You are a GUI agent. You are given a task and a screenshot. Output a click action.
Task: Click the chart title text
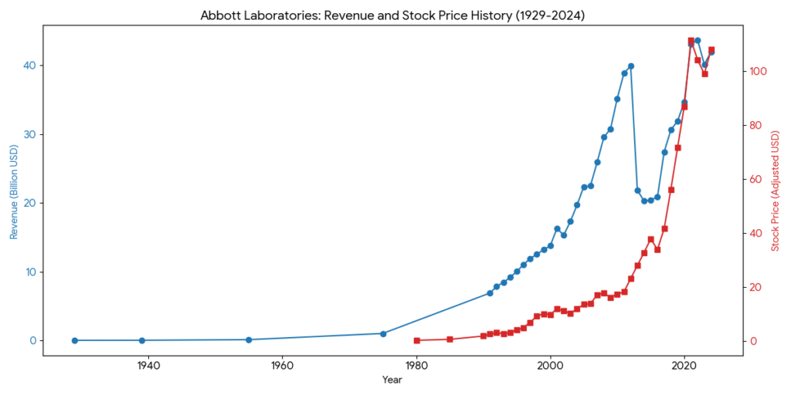click(393, 15)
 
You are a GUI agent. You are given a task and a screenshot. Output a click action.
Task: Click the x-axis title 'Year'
click(392, 380)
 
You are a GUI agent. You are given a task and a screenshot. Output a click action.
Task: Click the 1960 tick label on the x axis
click(283, 366)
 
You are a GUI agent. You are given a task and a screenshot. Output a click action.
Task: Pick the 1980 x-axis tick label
click(416, 366)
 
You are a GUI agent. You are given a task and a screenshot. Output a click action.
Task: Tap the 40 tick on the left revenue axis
click(29, 66)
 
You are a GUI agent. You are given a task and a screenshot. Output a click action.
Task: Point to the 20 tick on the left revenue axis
click(29, 203)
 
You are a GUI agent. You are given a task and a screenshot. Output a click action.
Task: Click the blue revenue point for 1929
click(75, 340)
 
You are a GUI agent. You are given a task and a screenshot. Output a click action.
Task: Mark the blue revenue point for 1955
click(249, 339)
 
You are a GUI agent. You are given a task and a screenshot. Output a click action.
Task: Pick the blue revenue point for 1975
click(383, 333)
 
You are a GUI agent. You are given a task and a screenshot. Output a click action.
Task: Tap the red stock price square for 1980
click(416, 340)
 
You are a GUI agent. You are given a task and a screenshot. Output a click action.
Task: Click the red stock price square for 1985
click(450, 339)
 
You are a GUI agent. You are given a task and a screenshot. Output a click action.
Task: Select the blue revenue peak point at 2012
click(631, 66)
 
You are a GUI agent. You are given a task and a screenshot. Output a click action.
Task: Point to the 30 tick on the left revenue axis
click(29, 134)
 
